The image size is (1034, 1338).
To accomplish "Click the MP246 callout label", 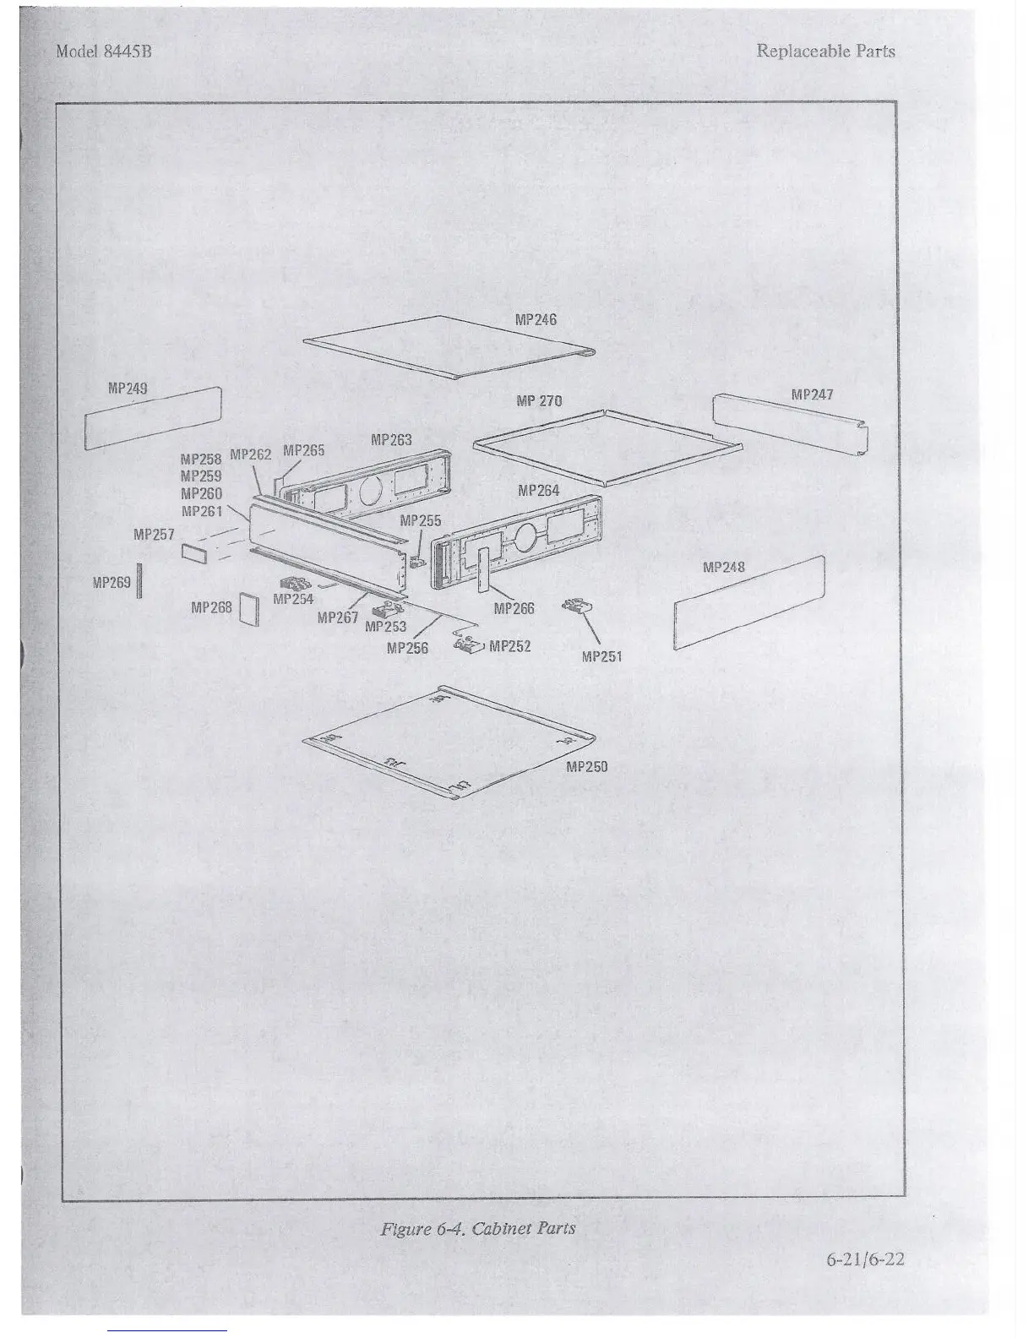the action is click(536, 319).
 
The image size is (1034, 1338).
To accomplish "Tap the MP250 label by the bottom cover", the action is click(586, 767).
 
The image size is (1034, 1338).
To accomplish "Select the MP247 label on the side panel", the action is click(812, 394).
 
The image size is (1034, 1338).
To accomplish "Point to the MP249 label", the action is click(128, 389).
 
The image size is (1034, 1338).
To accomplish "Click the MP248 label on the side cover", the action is click(724, 567).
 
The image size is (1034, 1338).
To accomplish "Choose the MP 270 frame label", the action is click(538, 400).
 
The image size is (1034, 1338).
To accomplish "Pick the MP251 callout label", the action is click(602, 656).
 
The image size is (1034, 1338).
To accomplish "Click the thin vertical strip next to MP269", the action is click(139, 582).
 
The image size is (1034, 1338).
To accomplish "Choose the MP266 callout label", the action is click(514, 608).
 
